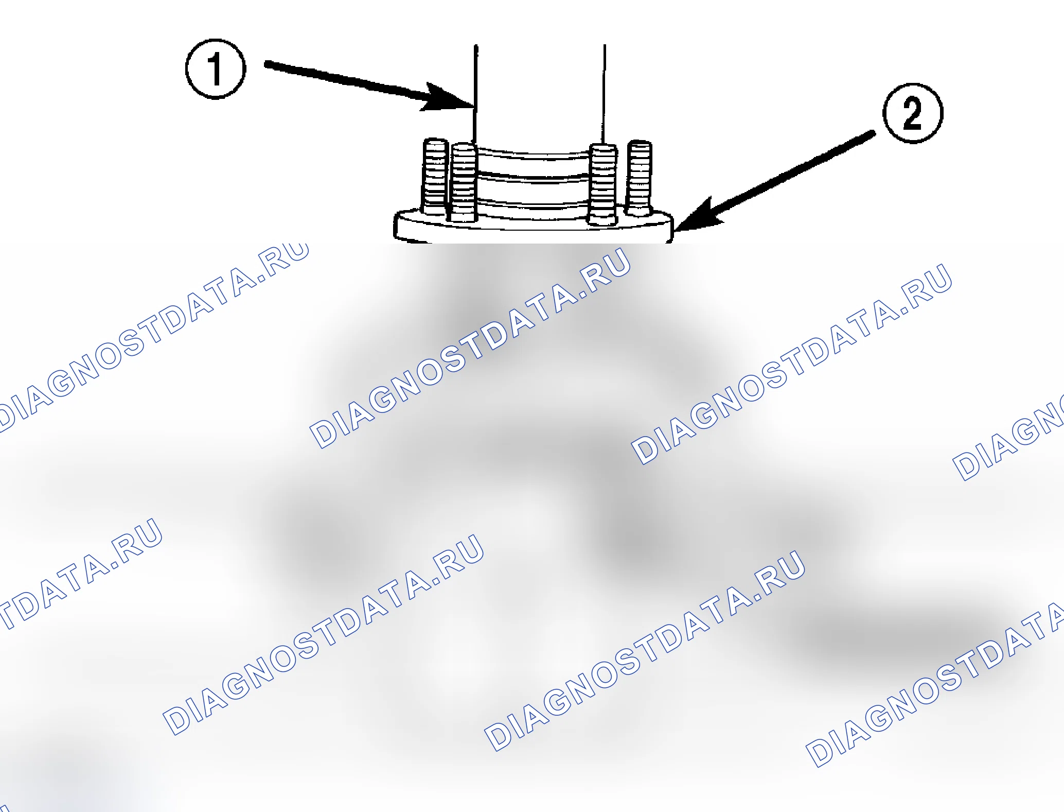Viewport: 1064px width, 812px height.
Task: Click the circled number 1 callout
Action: [x=216, y=68]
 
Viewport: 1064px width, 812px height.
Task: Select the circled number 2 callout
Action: [x=913, y=113]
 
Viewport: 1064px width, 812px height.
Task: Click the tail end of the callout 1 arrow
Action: [x=267, y=64]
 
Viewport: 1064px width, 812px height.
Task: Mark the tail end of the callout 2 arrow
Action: [x=873, y=133]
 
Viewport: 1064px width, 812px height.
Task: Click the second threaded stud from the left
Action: [x=464, y=183]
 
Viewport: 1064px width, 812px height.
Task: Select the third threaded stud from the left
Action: [x=603, y=185]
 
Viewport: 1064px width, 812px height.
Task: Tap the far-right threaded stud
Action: [x=640, y=178]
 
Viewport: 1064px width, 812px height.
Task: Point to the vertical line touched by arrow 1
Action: [x=475, y=95]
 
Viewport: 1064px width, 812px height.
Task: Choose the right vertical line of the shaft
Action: [x=605, y=94]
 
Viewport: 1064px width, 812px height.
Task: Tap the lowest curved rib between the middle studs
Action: [x=533, y=205]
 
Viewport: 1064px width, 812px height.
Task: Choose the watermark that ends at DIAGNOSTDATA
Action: [x=934, y=685]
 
